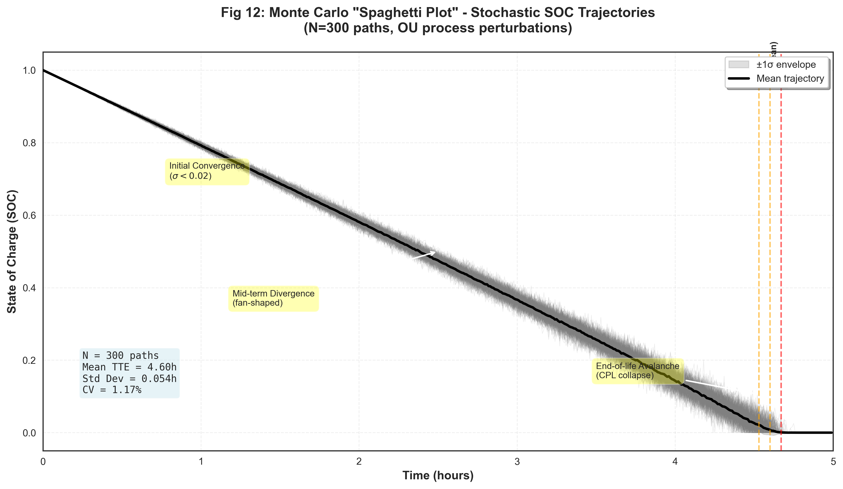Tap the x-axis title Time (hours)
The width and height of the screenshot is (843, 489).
coord(438,475)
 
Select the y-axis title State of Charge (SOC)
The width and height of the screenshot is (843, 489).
coord(12,251)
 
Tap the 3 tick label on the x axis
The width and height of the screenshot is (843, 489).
coord(517,462)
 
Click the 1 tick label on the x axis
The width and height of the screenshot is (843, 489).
coord(201,462)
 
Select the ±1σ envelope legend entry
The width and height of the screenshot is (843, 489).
coord(786,64)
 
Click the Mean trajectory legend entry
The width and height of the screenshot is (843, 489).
coord(790,79)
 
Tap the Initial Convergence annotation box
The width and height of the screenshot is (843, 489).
coord(207,171)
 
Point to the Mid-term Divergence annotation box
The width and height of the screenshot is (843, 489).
coord(273,298)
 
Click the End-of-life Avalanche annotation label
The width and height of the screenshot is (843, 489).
coord(638,370)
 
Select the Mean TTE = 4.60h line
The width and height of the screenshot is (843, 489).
coord(129,367)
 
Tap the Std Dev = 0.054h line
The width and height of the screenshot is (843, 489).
coord(129,378)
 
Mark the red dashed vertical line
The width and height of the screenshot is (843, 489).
coord(781,268)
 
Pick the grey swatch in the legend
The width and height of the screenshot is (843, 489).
coord(739,64)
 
